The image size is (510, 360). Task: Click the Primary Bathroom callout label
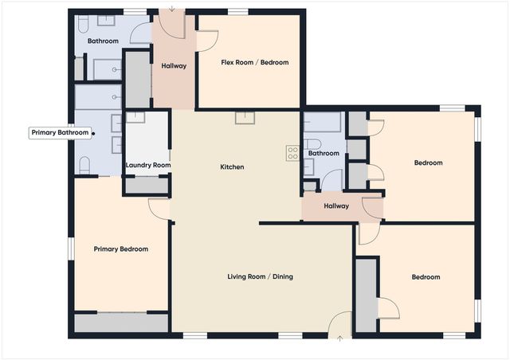point(60,133)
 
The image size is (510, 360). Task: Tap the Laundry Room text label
point(148,166)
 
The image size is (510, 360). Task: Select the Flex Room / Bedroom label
point(254,62)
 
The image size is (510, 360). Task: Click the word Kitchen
point(232,167)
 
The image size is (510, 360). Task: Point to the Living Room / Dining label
point(260,277)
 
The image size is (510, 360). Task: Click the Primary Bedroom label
point(120,249)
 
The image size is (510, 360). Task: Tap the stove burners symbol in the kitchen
point(292,153)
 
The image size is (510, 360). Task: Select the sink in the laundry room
point(136,118)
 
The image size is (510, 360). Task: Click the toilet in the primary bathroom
point(84,165)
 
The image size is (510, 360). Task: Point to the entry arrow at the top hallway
point(171,8)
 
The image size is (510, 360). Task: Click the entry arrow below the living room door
point(340,338)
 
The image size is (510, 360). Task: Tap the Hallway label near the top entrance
point(173,66)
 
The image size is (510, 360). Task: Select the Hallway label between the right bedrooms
point(336,206)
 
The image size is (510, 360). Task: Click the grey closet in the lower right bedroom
point(366,295)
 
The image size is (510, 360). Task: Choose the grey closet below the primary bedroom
point(121,323)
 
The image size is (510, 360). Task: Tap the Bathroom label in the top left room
point(103,41)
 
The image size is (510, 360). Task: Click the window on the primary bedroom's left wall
point(70,248)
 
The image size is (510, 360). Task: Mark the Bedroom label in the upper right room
point(428,163)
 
